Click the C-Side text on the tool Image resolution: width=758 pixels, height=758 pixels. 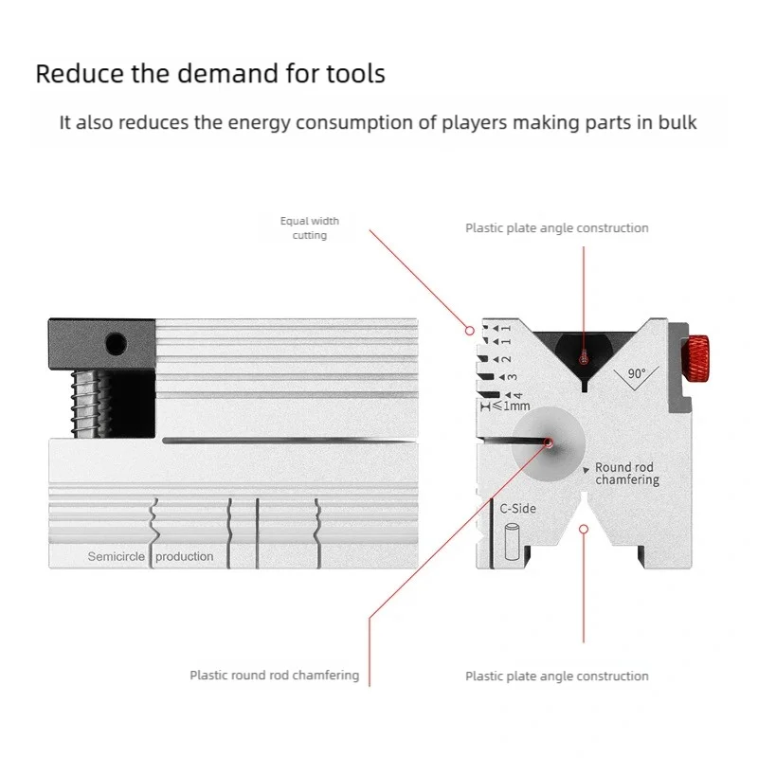[517, 509]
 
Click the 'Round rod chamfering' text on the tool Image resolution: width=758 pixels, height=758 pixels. [626, 474]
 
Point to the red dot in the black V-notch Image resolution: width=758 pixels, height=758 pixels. [584, 357]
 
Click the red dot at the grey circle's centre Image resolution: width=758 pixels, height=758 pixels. [550, 442]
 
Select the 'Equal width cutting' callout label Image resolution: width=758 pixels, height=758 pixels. [310, 227]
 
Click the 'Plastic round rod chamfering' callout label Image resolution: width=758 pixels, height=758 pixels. [274, 676]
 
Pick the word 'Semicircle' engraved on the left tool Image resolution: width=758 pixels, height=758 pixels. [117, 556]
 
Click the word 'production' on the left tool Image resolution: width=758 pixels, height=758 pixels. [185, 556]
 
